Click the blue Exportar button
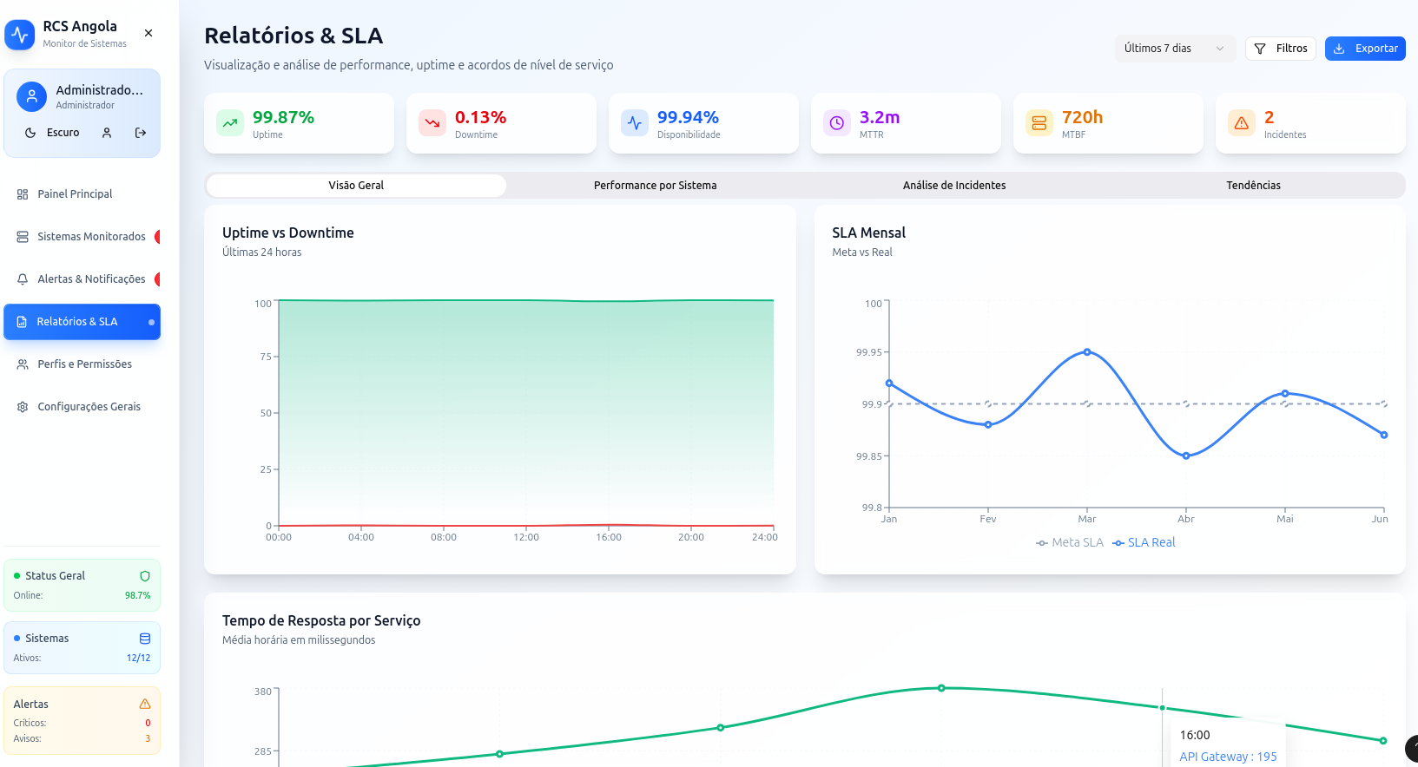pyautogui.click(x=1364, y=49)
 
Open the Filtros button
pyautogui.click(x=1280, y=49)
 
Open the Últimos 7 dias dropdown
pyautogui.click(x=1173, y=49)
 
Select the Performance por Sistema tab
pyautogui.click(x=655, y=186)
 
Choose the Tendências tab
pyautogui.click(x=1252, y=186)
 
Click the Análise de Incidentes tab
pyautogui.click(x=953, y=186)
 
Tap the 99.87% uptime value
pyautogui.click(x=283, y=117)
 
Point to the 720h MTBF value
pyautogui.click(x=1082, y=117)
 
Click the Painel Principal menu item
pyautogui.click(x=75, y=194)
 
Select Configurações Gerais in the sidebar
pyautogui.click(x=89, y=407)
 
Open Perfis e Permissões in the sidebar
pyautogui.click(x=84, y=364)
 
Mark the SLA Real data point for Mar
pyautogui.click(x=1087, y=352)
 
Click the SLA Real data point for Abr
pyautogui.click(x=1186, y=456)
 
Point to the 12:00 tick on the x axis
pyautogui.click(x=526, y=537)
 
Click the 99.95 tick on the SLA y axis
pyautogui.click(x=868, y=352)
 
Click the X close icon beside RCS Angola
pyautogui.click(x=148, y=33)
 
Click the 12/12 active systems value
pyautogui.click(x=138, y=659)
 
